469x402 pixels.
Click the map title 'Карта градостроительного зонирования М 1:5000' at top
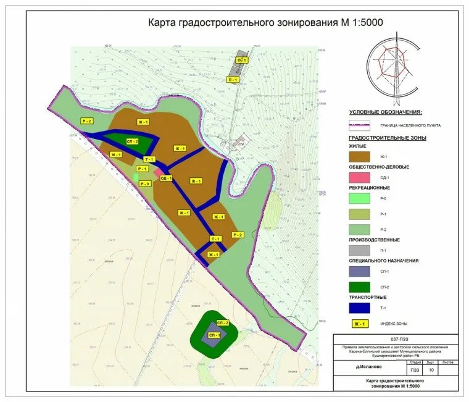click(x=265, y=23)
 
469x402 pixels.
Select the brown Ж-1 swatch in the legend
click(x=359, y=157)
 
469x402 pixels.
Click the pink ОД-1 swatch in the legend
click(x=359, y=178)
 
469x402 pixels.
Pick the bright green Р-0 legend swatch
click(x=359, y=198)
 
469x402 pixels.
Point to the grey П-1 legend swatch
click(x=359, y=251)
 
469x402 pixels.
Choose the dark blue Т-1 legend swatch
click(x=359, y=308)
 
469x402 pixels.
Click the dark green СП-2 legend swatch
click(x=359, y=287)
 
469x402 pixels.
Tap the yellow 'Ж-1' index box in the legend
click(x=359, y=324)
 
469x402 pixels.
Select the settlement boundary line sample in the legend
click(x=359, y=125)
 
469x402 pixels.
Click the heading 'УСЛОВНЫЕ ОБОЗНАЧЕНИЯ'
click(x=385, y=112)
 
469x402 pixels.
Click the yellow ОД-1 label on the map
click(x=165, y=178)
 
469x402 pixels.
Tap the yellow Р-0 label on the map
click(x=146, y=183)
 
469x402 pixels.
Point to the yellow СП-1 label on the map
click(x=214, y=335)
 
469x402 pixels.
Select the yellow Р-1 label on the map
click(x=143, y=169)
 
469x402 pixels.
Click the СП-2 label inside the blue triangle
click(x=132, y=141)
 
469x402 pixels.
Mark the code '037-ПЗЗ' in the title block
click(x=398, y=340)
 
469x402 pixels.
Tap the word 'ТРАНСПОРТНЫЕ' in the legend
click(x=369, y=297)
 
